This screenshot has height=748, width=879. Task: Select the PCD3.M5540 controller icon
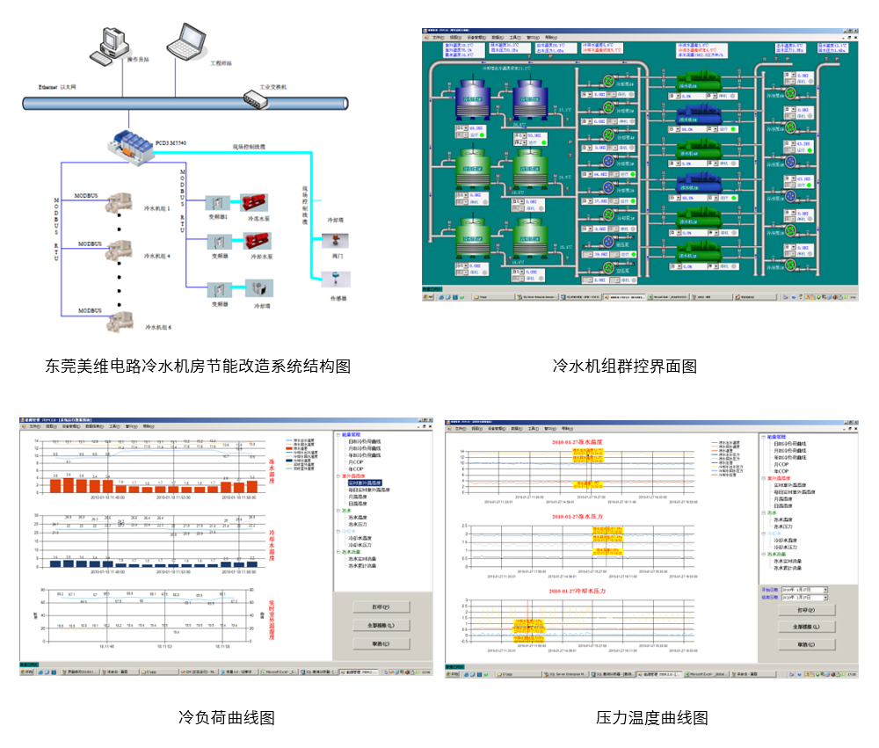point(129,145)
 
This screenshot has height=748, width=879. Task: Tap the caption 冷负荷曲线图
point(227,717)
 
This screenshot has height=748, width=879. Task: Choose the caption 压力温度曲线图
point(651,717)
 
